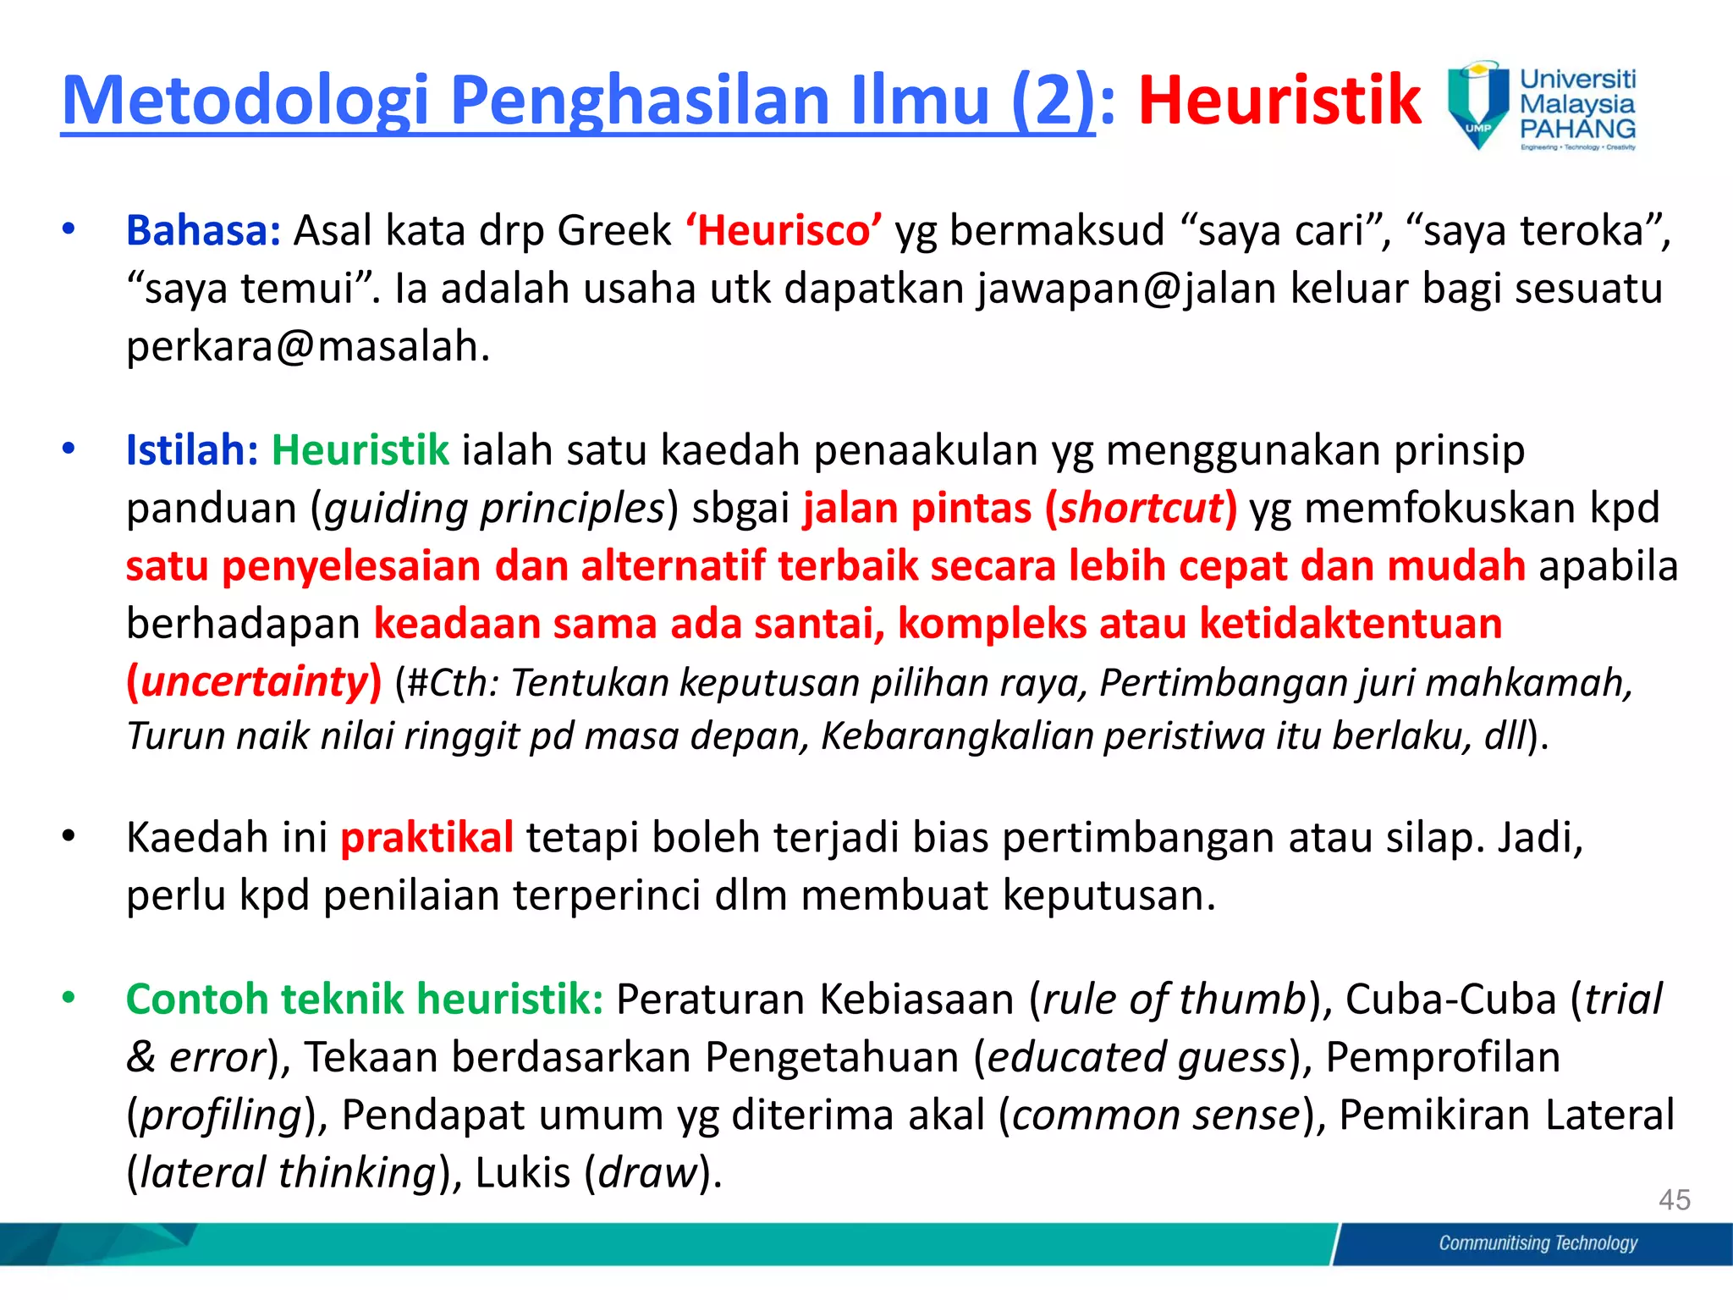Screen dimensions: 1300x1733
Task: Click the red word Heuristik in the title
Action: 1279,101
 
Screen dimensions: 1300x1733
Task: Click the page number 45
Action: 1674,1199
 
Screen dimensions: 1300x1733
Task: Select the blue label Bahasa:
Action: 203,230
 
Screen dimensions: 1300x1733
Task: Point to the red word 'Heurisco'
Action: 784,230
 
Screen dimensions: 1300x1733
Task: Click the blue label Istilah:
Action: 192,449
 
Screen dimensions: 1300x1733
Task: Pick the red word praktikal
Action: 426,837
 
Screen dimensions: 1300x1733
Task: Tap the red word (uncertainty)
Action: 254,681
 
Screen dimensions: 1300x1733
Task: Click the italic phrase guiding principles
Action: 495,508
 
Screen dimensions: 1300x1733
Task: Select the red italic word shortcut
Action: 1142,508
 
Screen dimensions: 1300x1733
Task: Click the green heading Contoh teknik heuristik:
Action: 364,999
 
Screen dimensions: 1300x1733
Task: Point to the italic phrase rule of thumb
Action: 1175,999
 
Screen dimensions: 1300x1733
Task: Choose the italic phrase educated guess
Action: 1136,1057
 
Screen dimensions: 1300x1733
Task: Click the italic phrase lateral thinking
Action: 287,1173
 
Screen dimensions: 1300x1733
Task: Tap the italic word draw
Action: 647,1173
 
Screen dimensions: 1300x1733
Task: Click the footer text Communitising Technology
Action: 1538,1242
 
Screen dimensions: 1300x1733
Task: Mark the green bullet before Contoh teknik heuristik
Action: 69,998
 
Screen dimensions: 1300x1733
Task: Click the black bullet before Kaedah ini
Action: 69,836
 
